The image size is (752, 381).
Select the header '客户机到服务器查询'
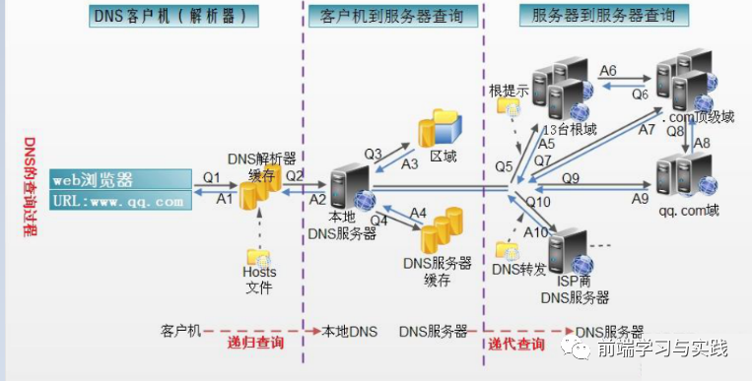point(399,17)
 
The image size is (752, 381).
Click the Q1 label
point(212,176)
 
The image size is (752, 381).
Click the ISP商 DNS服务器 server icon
point(571,250)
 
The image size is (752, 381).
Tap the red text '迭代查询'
point(515,344)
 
